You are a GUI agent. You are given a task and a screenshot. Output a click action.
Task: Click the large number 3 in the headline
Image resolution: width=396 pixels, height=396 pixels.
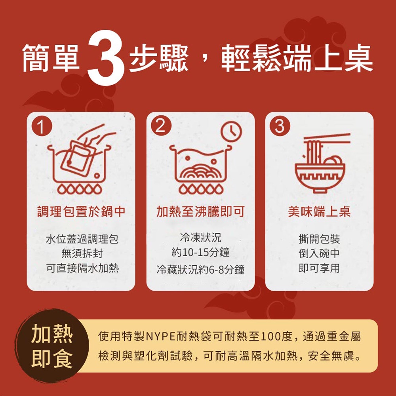106,57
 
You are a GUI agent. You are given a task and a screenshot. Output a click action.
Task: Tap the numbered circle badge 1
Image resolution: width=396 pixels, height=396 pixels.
42,126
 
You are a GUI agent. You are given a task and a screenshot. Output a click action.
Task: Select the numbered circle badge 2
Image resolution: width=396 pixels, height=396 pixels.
161,126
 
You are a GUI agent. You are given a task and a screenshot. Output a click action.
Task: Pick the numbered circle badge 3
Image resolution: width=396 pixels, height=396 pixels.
280,126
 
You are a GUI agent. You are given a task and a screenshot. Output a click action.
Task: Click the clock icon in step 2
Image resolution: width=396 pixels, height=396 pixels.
231,131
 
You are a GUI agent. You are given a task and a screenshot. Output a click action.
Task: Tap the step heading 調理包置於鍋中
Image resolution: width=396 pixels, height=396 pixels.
81,211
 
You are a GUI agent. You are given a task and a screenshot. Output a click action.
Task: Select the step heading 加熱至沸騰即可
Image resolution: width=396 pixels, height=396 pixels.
200,211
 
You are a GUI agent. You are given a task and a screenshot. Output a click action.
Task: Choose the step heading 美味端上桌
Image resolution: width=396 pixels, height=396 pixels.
319,211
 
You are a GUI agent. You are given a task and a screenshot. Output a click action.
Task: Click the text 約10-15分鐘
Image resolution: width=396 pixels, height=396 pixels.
200,253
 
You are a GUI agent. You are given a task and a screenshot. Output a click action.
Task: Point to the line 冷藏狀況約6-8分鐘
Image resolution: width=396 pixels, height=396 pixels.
200,270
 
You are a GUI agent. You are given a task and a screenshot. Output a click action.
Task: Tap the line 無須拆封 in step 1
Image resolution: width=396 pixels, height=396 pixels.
82,253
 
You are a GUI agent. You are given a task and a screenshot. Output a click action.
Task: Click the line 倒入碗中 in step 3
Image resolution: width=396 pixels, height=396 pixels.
319,253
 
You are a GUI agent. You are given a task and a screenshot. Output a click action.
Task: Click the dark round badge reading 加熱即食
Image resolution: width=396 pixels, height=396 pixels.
52,346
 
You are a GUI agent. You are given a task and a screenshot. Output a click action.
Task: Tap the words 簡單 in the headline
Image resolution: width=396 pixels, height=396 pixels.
51,58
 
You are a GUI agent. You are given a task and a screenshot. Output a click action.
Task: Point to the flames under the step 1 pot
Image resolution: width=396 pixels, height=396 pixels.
80,189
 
